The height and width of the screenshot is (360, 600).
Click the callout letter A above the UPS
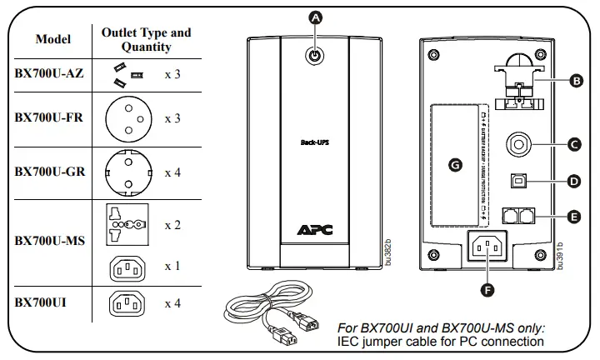pyautogui.click(x=315, y=17)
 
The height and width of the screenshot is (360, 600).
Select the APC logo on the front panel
pyautogui.click(x=314, y=230)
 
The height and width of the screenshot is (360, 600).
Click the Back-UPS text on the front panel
pyautogui.click(x=314, y=142)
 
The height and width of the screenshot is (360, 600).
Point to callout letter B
pyautogui.click(x=575, y=82)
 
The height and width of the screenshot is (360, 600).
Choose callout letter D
pyautogui.click(x=573, y=180)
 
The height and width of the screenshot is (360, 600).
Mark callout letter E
pyautogui.click(x=573, y=216)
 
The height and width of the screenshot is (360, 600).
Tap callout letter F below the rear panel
pyautogui.click(x=487, y=290)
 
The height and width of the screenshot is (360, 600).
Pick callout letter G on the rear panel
pyautogui.click(x=454, y=166)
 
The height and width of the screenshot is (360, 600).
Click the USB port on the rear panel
pyautogui.click(x=518, y=180)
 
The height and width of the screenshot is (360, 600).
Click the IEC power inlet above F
pyautogui.click(x=487, y=248)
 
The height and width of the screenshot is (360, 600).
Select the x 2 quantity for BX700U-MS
pyautogui.click(x=172, y=226)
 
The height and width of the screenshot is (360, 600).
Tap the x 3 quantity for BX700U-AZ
pyautogui.click(x=172, y=74)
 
